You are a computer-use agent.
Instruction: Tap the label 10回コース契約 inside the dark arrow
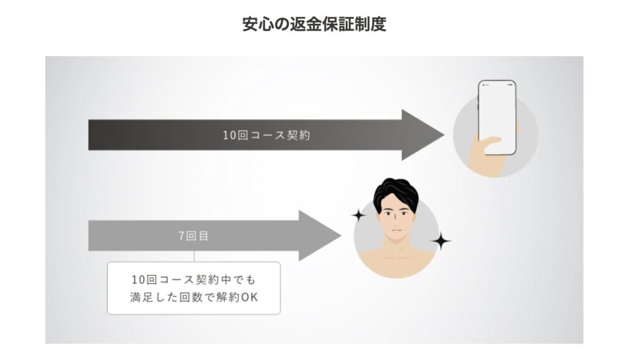(x=267, y=135)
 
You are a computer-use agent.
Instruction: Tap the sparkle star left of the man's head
(x=358, y=216)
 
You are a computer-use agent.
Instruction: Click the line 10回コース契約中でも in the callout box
(x=194, y=279)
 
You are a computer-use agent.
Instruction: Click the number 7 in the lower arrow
(x=181, y=236)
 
